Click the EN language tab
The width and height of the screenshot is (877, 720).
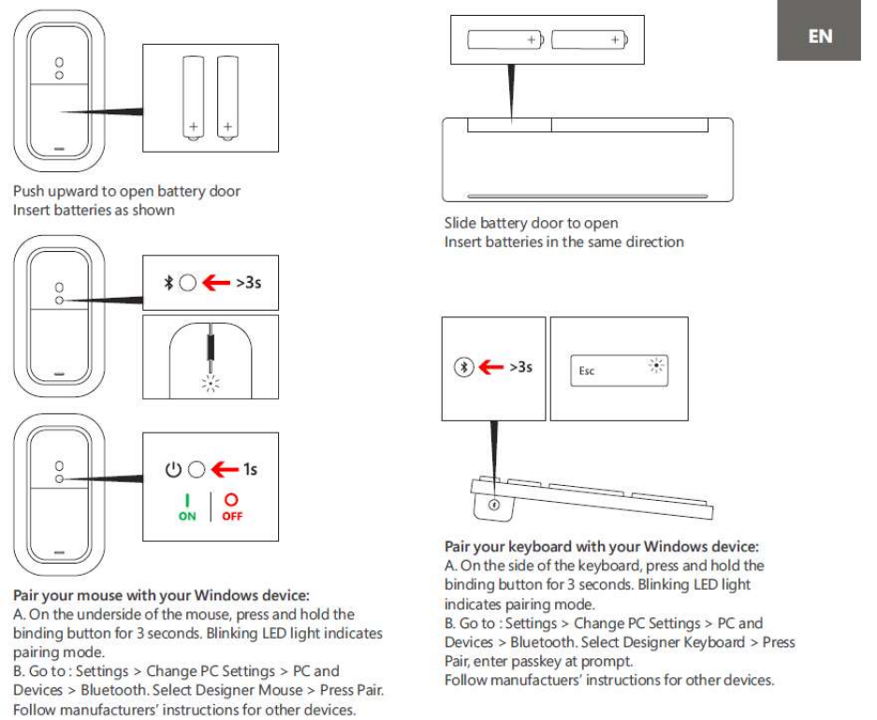pyautogui.click(x=819, y=37)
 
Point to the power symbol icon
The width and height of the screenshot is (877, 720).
pyautogui.click(x=173, y=469)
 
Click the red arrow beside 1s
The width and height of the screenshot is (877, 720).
pyautogui.click(x=223, y=469)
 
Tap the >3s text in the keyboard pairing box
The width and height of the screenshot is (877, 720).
pyautogui.click(x=520, y=367)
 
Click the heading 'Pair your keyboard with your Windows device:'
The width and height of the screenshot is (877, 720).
pyautogui.click(x=601, y=546)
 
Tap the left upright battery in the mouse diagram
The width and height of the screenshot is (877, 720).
pyautogui.click(x=193, y=97)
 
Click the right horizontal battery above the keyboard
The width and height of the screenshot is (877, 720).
pyautogui.click(x=590, y=39)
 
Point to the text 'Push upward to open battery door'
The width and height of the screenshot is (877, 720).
pyautogui.click(x=126, y=191)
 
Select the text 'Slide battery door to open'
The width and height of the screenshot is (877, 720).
pyautogui.click(x=531, y=223)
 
